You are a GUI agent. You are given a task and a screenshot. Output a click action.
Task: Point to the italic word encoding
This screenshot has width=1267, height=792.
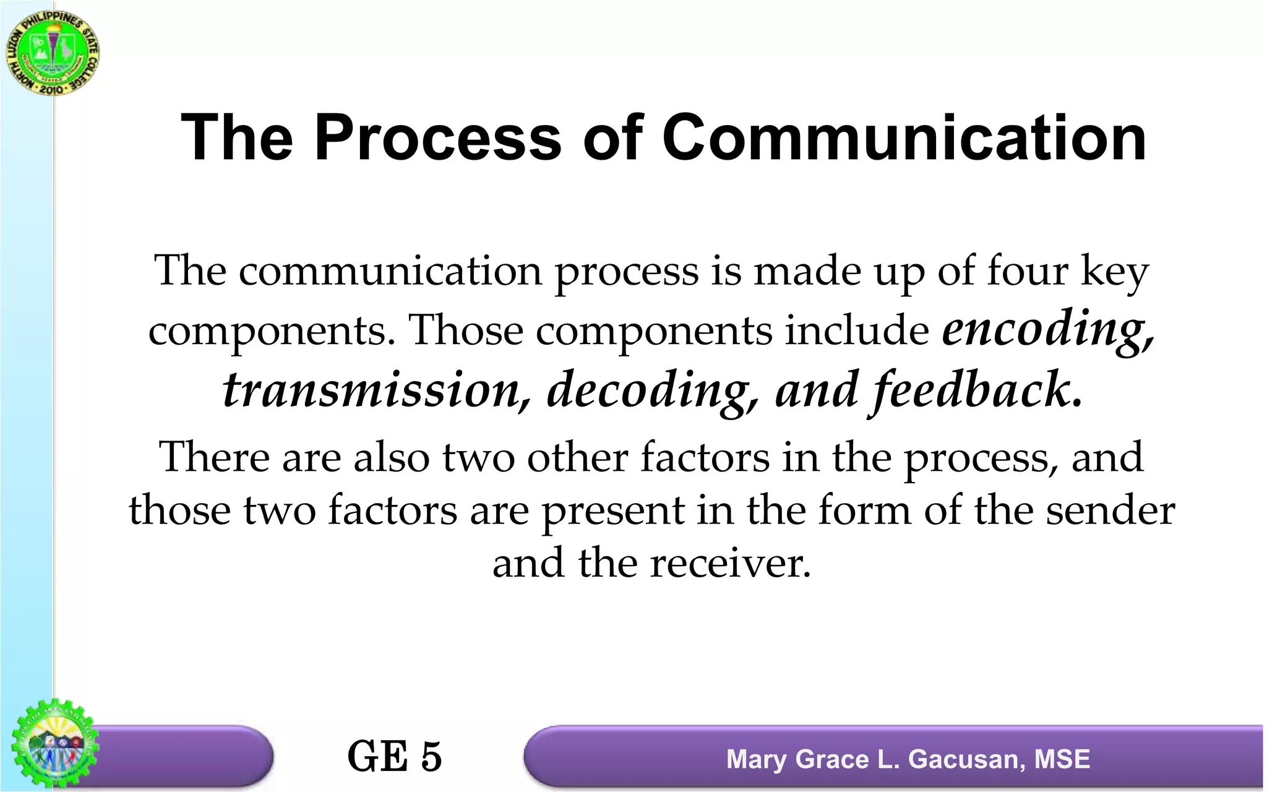[1047, 329]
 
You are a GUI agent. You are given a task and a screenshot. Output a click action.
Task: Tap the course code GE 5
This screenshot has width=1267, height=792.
[395, 756]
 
